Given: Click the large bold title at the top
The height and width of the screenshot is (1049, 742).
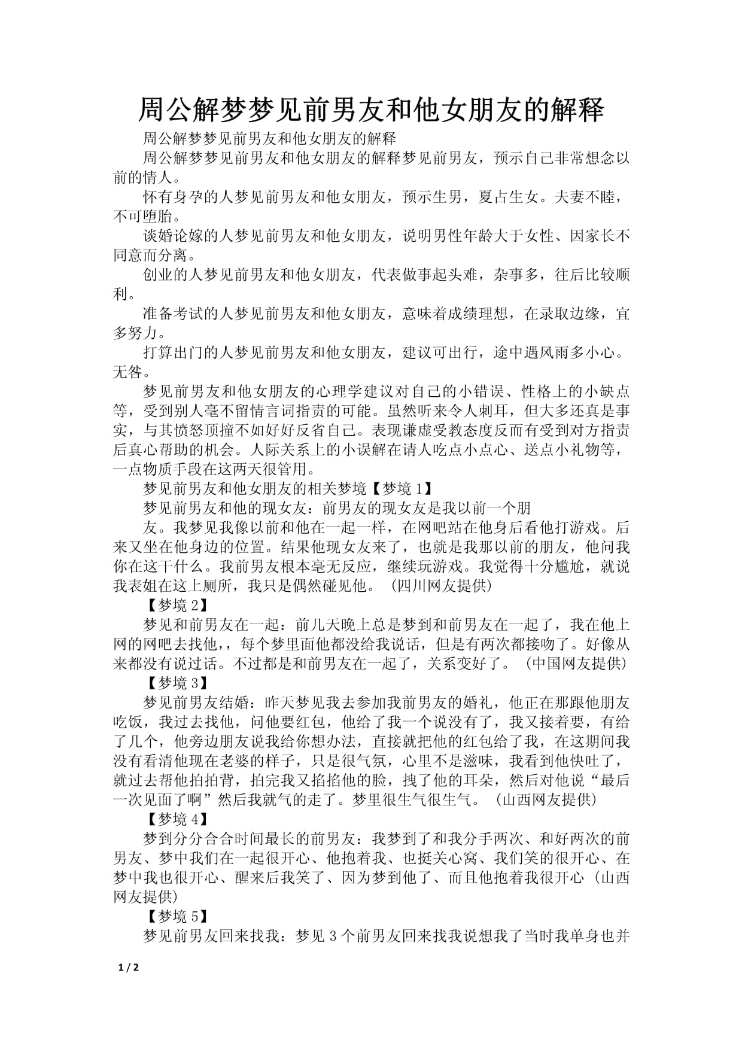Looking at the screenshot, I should [x=371, y=110].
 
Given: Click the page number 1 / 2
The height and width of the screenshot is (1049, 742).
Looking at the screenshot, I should [x=129, y=967].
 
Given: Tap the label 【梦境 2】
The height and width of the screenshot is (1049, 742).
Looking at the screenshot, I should [x=177, y=605].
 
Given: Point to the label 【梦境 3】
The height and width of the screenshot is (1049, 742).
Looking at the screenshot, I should [x=177, y=683].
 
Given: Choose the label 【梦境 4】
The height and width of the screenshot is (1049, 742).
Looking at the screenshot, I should [x=177, y=819].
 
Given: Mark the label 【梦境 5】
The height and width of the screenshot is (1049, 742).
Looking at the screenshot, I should [x=177, y=916].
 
